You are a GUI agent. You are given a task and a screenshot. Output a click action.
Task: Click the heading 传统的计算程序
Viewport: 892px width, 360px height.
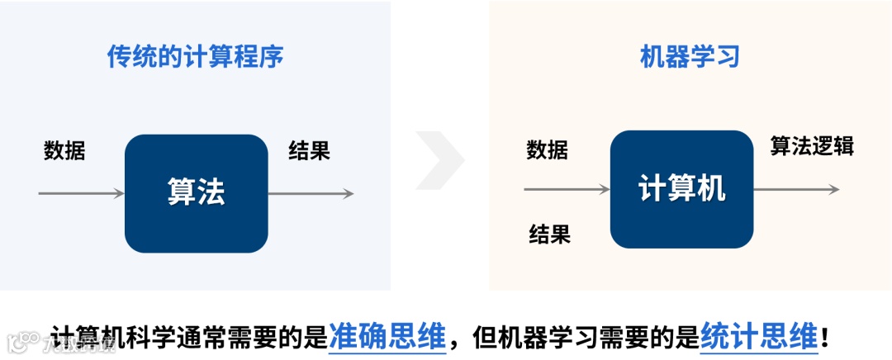196,57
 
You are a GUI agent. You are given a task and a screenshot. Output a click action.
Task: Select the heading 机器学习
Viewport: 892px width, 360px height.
689,57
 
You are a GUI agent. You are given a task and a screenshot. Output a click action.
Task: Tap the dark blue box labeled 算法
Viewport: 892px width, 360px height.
196,193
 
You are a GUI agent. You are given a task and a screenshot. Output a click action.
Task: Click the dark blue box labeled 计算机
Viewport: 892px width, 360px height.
681,189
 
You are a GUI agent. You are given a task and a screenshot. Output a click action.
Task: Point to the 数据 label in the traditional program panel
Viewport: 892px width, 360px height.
64,151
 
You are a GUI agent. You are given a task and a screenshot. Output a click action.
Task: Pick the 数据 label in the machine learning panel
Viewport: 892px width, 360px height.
547,149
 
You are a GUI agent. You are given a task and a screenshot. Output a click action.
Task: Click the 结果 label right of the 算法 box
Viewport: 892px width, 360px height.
309,151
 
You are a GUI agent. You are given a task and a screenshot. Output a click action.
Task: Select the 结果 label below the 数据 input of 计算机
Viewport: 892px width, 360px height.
549,234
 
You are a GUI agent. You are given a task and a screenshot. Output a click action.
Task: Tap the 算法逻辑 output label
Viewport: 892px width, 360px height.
812,147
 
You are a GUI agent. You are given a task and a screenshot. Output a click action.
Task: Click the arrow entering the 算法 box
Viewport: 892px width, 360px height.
81,193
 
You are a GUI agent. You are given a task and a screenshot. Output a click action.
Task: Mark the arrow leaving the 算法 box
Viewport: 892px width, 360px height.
311,193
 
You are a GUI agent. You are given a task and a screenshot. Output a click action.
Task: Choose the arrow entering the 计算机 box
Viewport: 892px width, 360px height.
567,189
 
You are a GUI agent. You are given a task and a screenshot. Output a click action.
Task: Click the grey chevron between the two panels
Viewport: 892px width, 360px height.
440,159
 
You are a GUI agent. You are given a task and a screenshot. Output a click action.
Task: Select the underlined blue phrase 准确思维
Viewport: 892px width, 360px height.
387,337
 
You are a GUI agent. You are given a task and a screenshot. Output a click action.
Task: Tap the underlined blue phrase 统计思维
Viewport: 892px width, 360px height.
758,337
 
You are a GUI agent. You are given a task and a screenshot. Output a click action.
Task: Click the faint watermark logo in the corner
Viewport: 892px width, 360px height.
18,340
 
